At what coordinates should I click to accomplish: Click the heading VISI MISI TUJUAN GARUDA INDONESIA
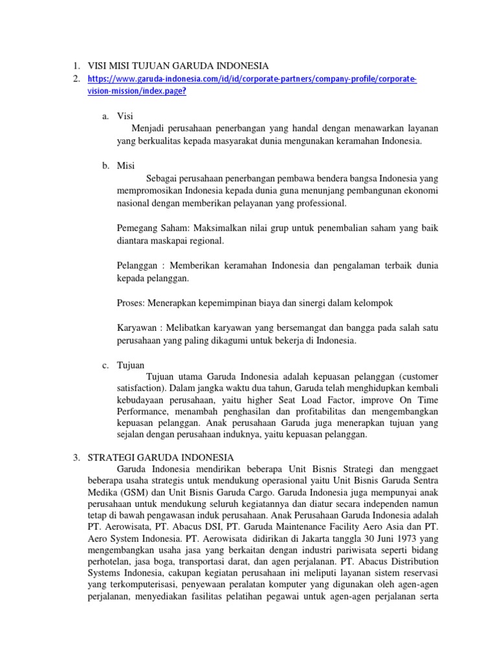pyautogui.click(x=177, y=65)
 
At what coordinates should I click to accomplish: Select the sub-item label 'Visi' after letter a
pyautogui.click(x=124, y=117)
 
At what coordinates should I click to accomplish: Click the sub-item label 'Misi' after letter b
pyautogui.click(x=126, y=166)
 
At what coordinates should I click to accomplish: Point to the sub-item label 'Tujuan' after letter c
pyautogui.click(x=131, y=365)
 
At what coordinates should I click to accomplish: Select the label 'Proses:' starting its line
pyautogui.click(x=132, y=302)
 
